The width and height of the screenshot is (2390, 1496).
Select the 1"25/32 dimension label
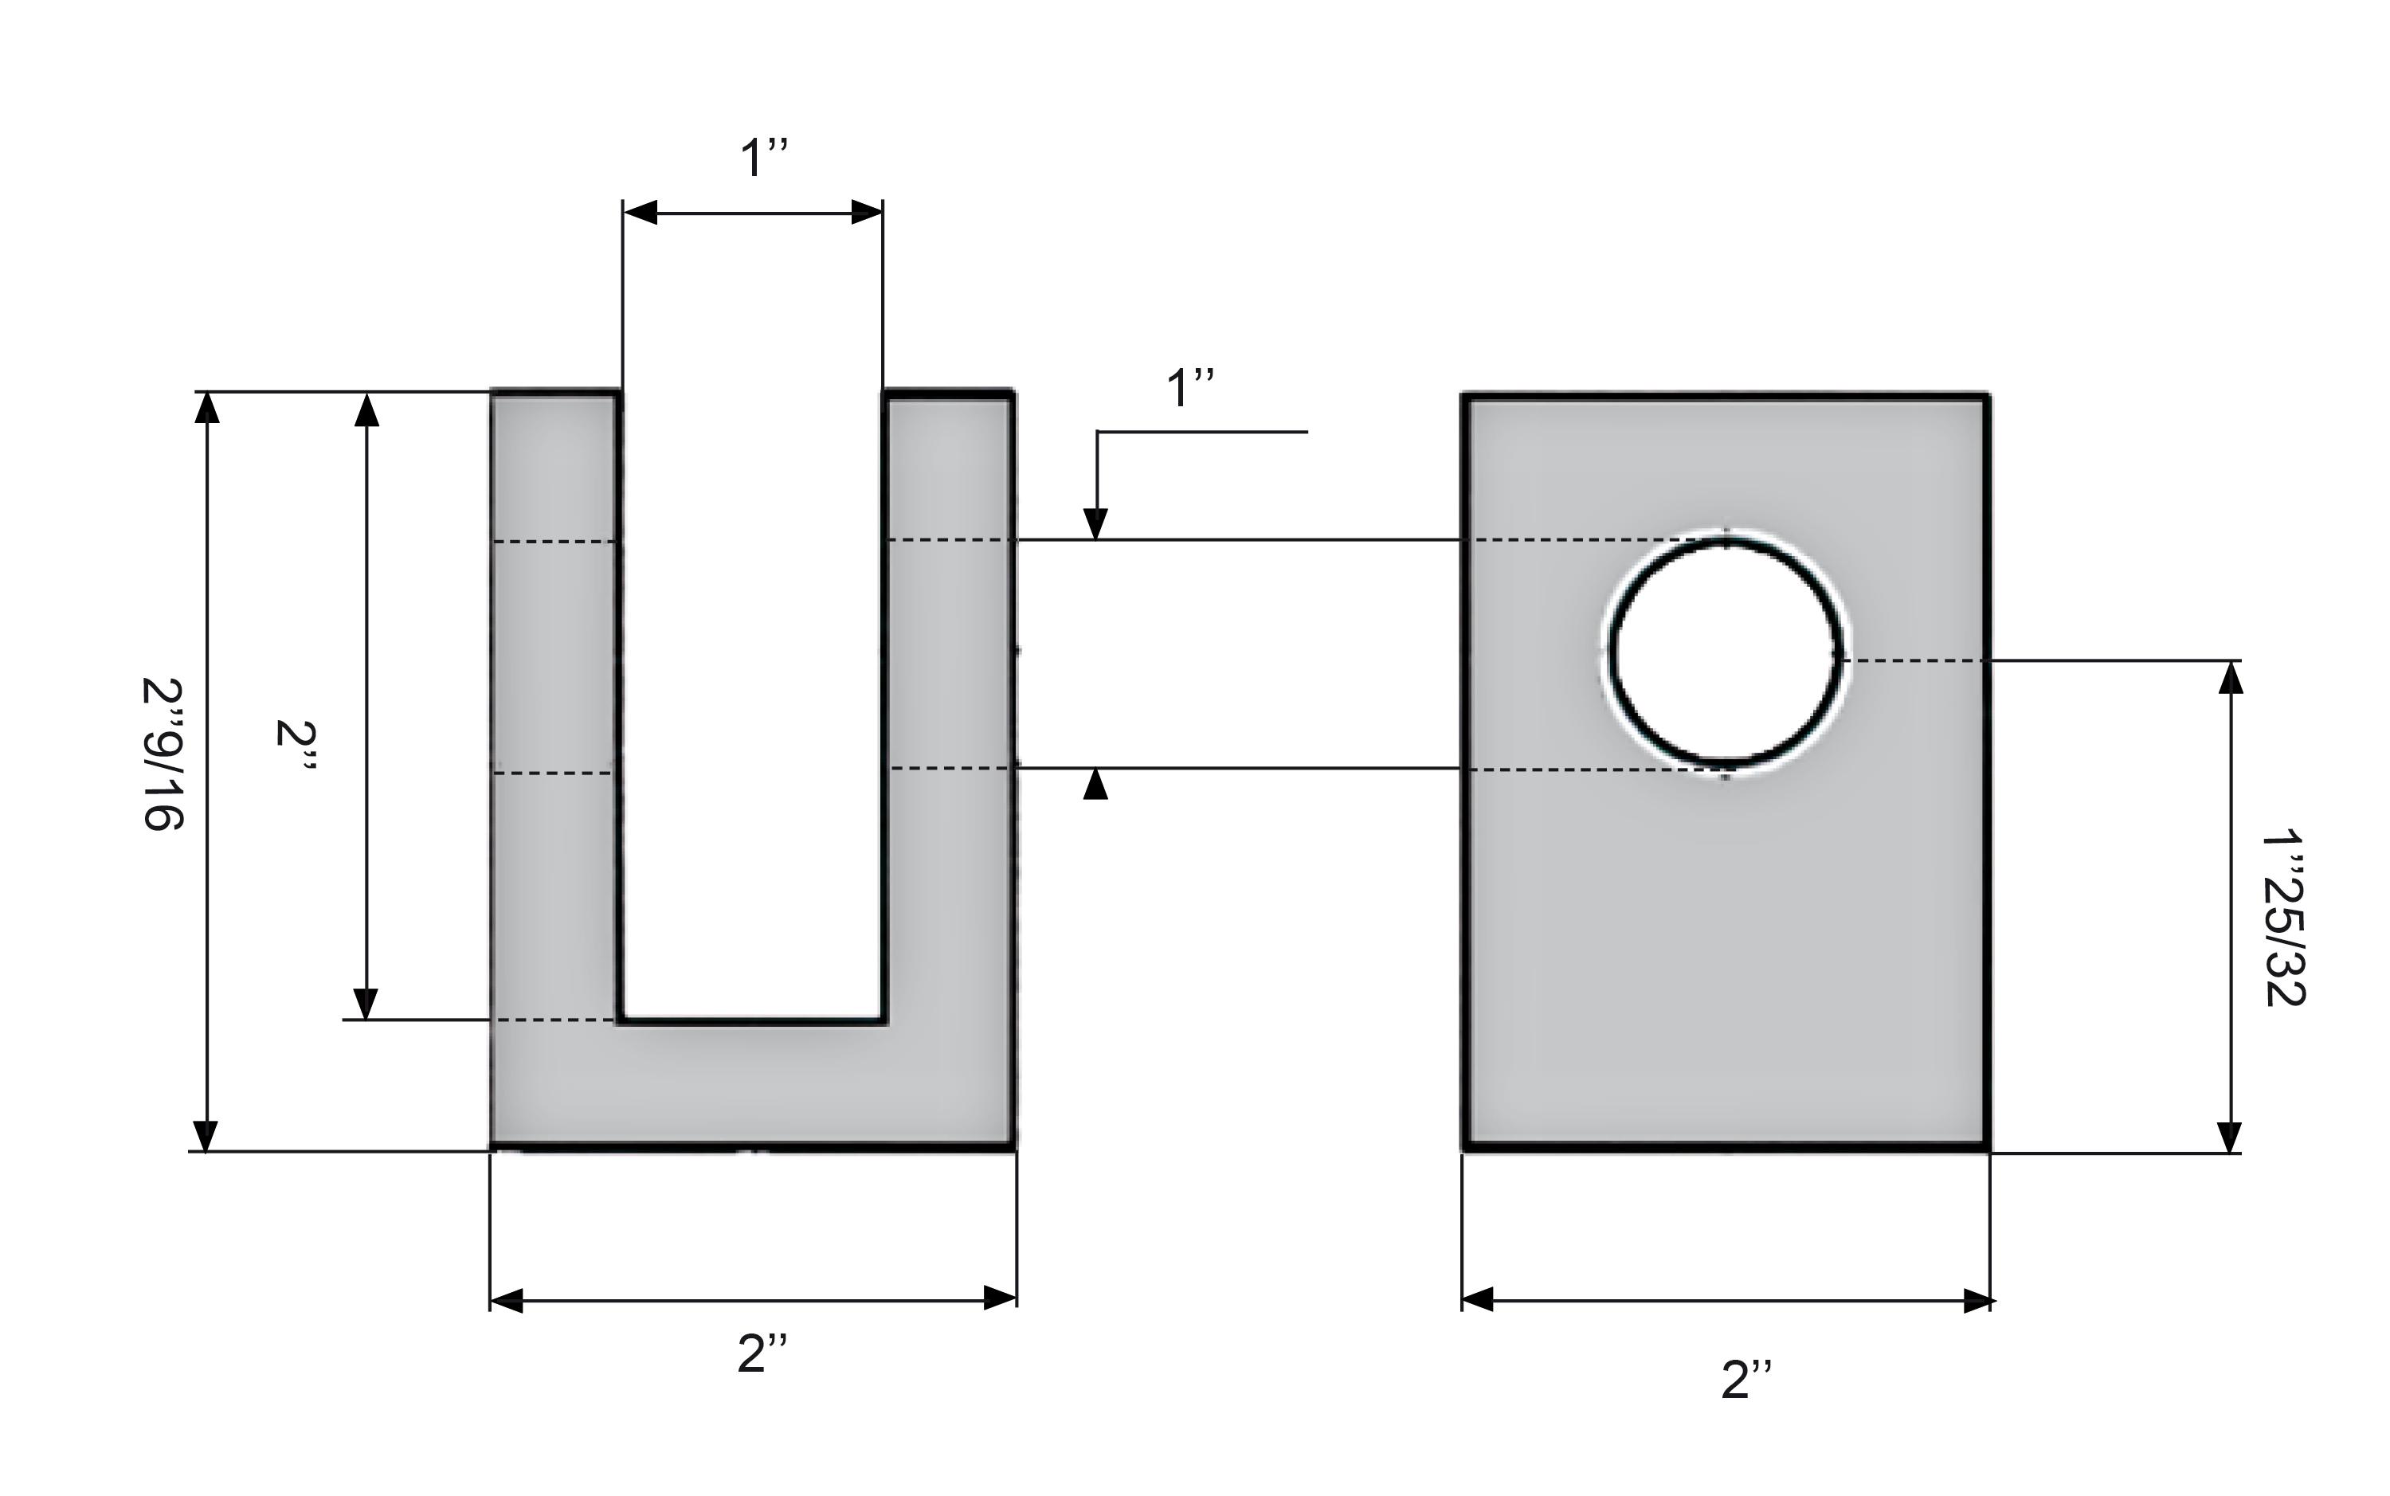[2284, 918]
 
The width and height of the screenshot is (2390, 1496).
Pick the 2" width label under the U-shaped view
[762, 1353]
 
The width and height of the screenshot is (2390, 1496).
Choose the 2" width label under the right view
[1746, 1379]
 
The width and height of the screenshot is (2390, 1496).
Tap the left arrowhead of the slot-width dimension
[640, 212]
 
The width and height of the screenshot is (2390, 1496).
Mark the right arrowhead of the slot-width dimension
[867, 212]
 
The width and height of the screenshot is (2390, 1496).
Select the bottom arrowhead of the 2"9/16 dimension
[206, 1136]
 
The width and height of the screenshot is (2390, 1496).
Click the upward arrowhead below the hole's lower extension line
[1095, 785]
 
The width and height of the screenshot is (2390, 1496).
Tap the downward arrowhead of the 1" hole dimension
[1095, 523]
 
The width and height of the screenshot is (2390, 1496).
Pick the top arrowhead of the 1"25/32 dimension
[2230, 677]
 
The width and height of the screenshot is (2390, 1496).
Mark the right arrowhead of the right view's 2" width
[1976, 1300]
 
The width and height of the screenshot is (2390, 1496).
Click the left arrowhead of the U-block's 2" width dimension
[507, 1300]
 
